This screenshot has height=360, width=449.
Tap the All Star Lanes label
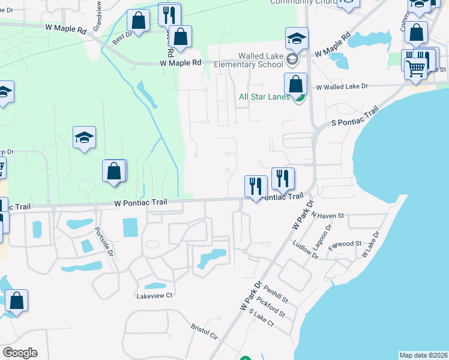[x=265, y=97]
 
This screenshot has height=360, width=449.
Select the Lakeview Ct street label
[x=154, y=295]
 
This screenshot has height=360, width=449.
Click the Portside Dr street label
[x=104, y=241]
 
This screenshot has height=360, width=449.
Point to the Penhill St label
[x=276, y=294]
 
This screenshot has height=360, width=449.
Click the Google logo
[x=20, y=353]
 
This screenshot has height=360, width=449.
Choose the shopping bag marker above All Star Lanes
[x=295, y=84]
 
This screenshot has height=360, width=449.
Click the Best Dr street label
[x=122, y=39]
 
